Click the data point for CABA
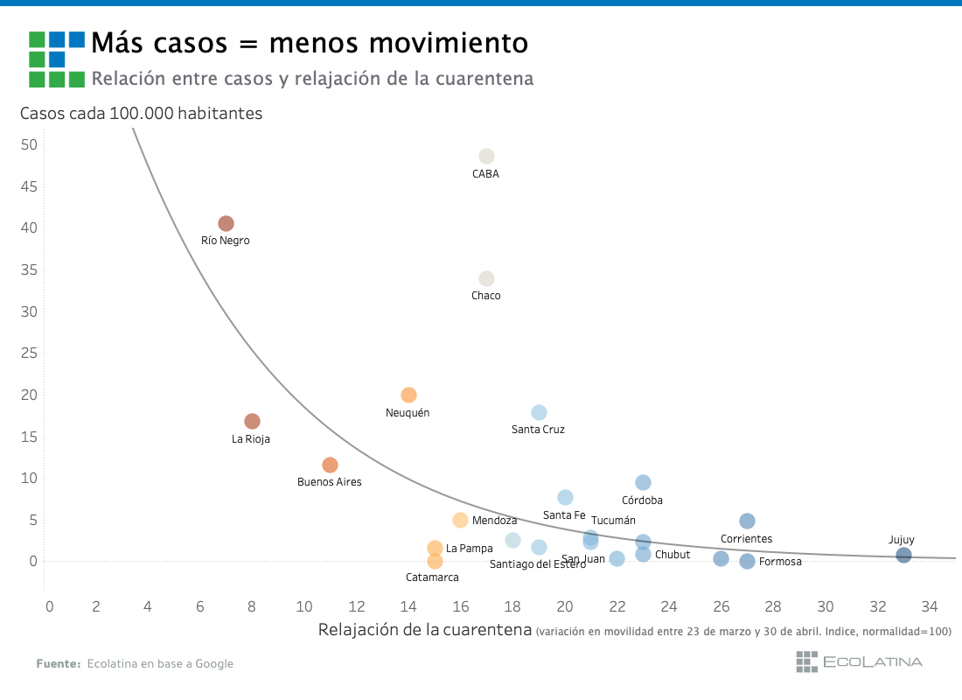pos(486,157)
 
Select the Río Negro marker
pos(226,224)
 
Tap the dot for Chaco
pos(486,279)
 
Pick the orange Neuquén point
pos(408,395)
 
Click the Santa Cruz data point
pos(539,413)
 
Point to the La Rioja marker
pos(252,422)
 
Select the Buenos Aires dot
pos(330,465)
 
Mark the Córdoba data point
pos(643,483)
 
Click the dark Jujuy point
pos(903,556)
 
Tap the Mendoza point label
pos(494,521)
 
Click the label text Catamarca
pos(432,577)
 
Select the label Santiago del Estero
pos(537,564)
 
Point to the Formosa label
pos(780,562)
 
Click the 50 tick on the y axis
pos(29,144)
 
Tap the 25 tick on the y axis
pos(29,353)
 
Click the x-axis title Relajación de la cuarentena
pos(425,630)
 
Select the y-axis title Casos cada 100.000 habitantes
pos(141,113)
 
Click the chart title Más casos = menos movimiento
pos(310,42)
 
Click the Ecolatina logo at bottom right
pos(858,662)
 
